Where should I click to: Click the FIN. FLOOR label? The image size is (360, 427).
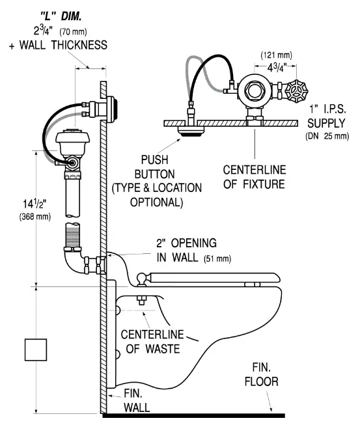click(261, 376)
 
